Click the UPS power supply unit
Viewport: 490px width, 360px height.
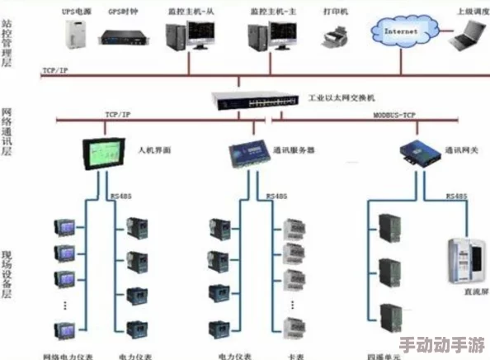(77, 36)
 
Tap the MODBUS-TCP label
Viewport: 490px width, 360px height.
(395, 116)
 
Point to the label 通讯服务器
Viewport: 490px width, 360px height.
(294, 151)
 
